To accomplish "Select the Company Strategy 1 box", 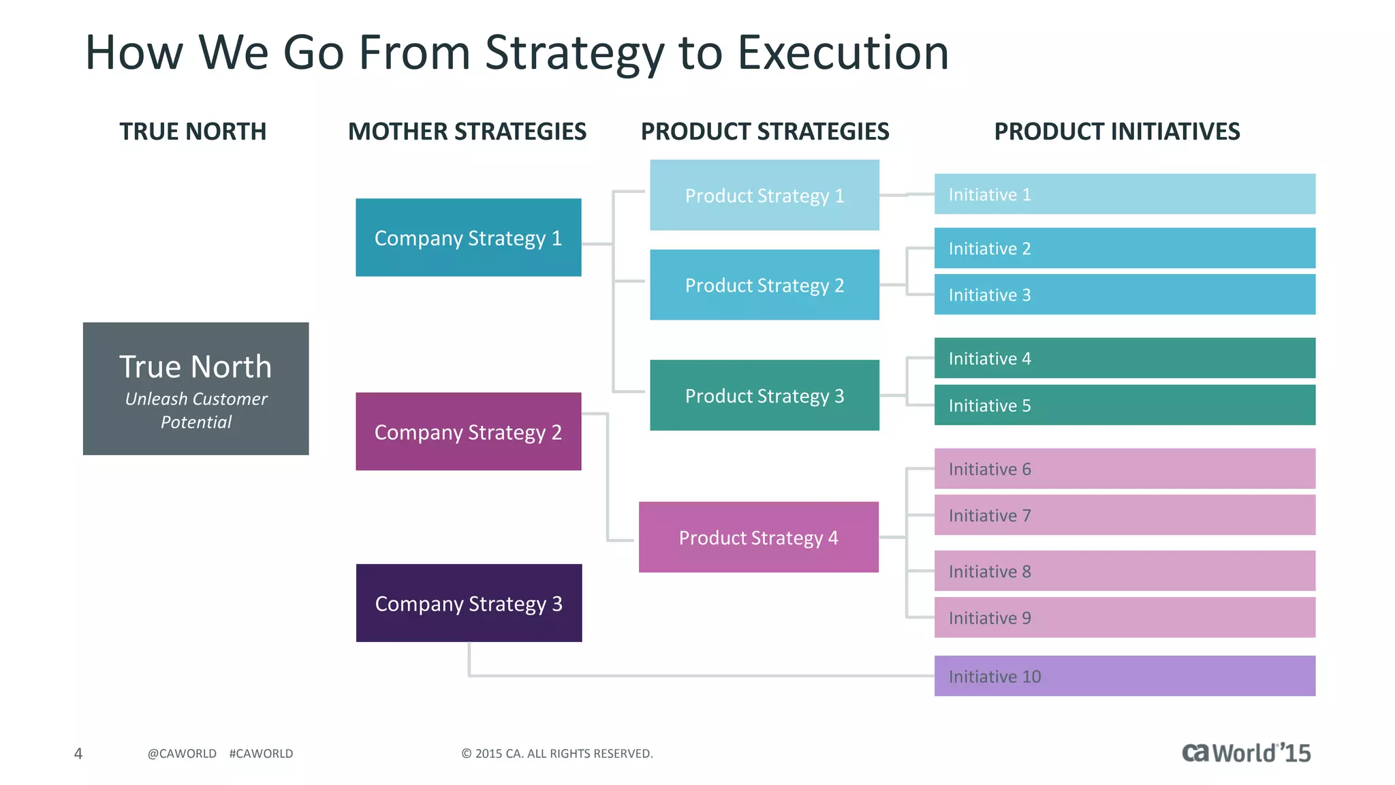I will [468, 238].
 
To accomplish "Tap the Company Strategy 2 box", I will [468, 431].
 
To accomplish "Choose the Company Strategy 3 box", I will [469, 603].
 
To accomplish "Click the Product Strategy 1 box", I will [764, 196].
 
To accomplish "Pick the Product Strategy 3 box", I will [764, 395].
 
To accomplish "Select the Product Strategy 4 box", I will [758, 538].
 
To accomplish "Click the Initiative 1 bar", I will [1124, 194].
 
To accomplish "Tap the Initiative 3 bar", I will [1124, 294].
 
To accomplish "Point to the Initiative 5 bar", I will [1124, 405].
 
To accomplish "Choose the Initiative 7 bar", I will [1124, 515].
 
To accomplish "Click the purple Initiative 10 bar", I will [1124, 676].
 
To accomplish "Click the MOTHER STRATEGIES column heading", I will [467, 132].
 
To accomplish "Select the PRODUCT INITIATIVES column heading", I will [1116, 132].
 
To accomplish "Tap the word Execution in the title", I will [843, 53].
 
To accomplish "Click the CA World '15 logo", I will [1246, 753].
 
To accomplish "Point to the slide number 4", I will [78, 754].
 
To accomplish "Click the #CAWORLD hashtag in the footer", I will [261, 754].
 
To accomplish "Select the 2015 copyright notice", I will [557, 754].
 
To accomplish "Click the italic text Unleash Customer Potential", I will [196, 410].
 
